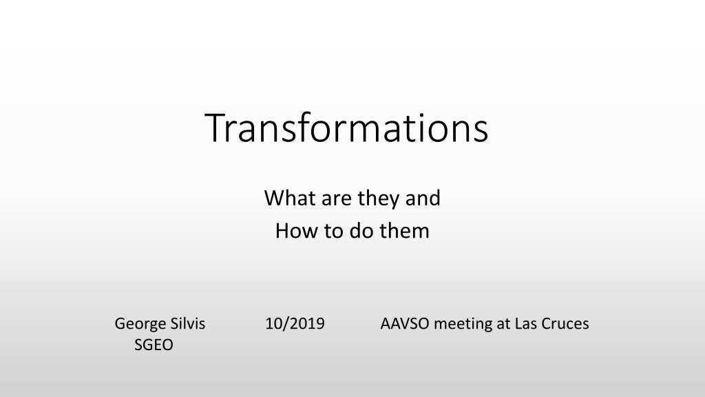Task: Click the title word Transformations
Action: pyautogui.click(x=346, y=128)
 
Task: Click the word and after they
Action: pyautogui.click(x=423, y=198)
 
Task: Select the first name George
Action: pyautogui.click(x=140, y=324)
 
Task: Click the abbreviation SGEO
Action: pyautogui.click(x=154, y=345)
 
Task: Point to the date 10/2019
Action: pyautogui.click(x=295, y=324)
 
